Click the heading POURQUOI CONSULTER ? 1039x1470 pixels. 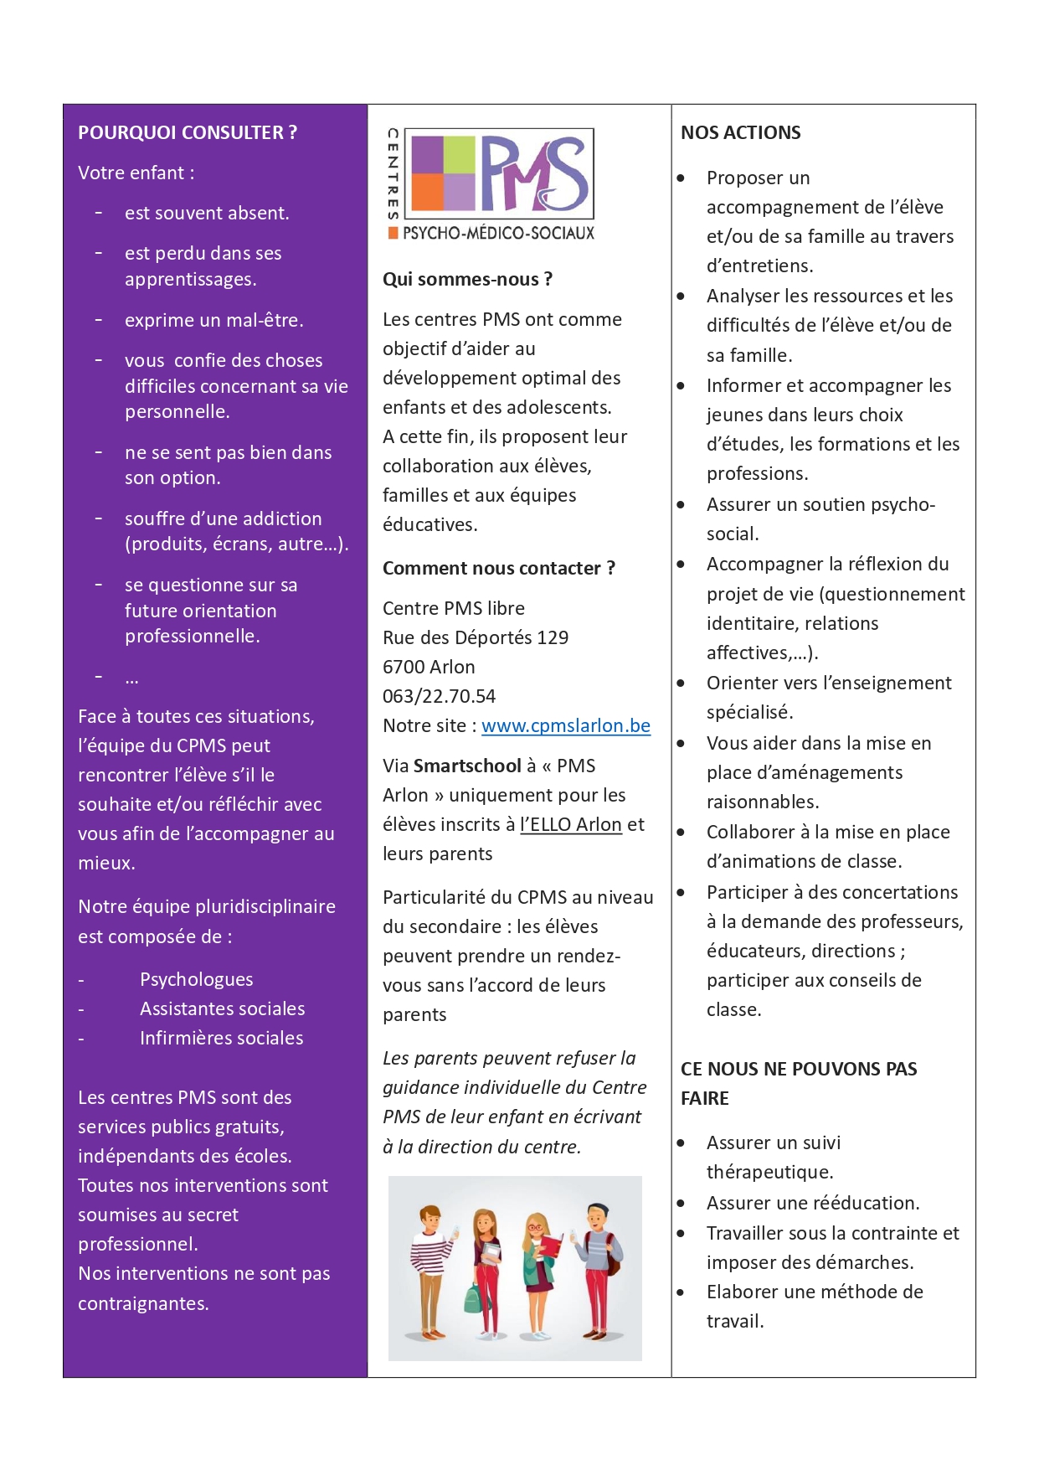pyautogui.click(x=187, y=132)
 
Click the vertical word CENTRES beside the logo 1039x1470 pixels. pyautogui.click(x=392, y=174)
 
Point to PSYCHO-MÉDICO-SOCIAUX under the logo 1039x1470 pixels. pyautogui.click(x=498, y=233)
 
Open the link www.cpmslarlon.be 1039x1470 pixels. pyautogui.click(x=566, y=725)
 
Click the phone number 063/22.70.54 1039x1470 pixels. pyautogui.click(x=439, y=696)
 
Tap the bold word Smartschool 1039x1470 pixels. pyautogui.click(x=467, y=766)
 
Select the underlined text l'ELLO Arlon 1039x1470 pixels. pyautogui.click(x=571, y=824)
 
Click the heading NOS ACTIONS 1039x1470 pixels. pyautogui.click(x=740, y=132)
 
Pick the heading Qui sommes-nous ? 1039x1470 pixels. pyautogui.click(x=467, y=279)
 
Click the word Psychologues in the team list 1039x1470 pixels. pyautogui.click(x=196, y=979)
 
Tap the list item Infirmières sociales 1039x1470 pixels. pyautogui.click(x=221, y=1038)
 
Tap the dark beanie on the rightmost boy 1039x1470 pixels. pyautogui.click(x=598, y=1209)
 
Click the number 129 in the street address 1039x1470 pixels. pyautogui.click(x=553, y=637)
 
